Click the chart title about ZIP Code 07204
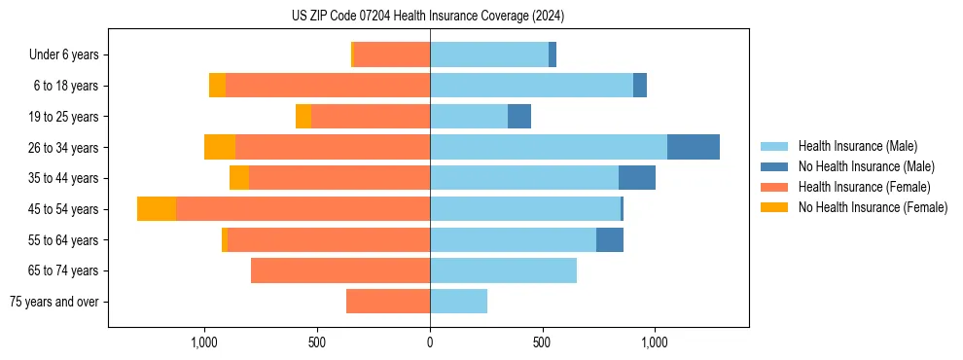428,17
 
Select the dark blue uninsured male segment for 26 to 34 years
693,147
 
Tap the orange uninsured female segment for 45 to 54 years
157,209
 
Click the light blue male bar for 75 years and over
458,302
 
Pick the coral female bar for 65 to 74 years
340,270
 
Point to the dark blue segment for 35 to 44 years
636,178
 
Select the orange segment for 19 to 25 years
303,117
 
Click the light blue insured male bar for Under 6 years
488,54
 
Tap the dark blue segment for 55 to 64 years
609,240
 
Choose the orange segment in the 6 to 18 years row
217,86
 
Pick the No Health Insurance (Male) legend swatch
774,166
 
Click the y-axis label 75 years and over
54,302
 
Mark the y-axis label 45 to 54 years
64,209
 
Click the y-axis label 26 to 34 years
64,147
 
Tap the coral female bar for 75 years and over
388,302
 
